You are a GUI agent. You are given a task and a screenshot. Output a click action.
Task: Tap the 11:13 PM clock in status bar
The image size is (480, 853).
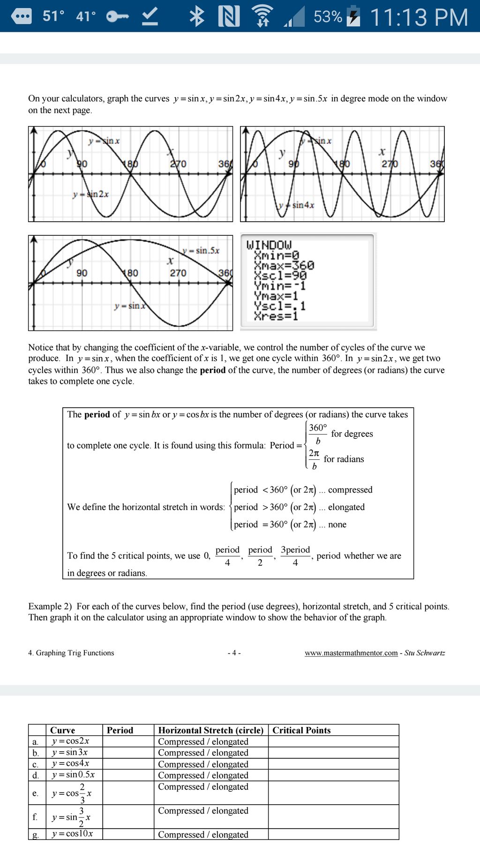pyautogui.click(x=419, y=17)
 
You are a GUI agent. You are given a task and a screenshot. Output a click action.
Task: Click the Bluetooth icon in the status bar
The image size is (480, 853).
pyautogui.click(x=197, y=16)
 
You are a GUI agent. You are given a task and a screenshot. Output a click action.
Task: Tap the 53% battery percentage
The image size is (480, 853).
pyautogui.click(x=328, y=17)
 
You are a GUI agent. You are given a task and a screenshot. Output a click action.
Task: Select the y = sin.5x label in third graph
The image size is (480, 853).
pyautogui.click(x=201, y=250)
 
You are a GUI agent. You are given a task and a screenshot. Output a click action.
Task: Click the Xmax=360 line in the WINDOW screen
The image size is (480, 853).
pyautogui.click(x=284, y=266)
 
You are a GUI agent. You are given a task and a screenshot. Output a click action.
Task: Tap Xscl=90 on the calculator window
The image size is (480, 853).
pyautogui.click(x=280, y=276)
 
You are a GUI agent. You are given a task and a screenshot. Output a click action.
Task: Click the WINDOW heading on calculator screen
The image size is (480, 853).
pyautogui.click(x=269, y=245)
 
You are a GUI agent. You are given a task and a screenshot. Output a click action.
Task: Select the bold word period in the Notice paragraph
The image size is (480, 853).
pyautogui.click(x=212, y=370)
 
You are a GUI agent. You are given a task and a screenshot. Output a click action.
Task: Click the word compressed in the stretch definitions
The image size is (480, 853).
pyautogui.click(x=350, y=490)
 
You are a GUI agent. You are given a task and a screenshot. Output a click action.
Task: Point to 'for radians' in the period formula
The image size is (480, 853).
pyautogui.click(x=344, y=459)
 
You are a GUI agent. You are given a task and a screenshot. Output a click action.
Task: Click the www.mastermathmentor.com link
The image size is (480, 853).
pyautogui.click(x=351, y=653)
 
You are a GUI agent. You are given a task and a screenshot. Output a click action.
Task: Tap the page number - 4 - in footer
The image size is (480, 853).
pyautogui.click(x=234, y=653)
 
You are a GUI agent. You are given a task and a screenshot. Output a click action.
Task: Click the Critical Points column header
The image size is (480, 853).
pyautogui.click(x=301, y=730)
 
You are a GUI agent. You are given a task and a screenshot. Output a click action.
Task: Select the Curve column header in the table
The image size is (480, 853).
pyautogui.click(x=62, y=730)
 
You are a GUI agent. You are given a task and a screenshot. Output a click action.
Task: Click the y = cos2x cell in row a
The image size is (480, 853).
pyautogui.click(x=70, y=741)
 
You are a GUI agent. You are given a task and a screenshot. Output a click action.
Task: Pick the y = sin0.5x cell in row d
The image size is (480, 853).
pyautogui.click(x=73, y=775)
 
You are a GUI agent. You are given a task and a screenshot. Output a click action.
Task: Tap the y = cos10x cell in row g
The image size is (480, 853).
pyautogui.click(x=72, y=834)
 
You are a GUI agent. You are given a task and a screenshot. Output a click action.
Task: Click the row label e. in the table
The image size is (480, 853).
pyautogui.click(x=35, y=793)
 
